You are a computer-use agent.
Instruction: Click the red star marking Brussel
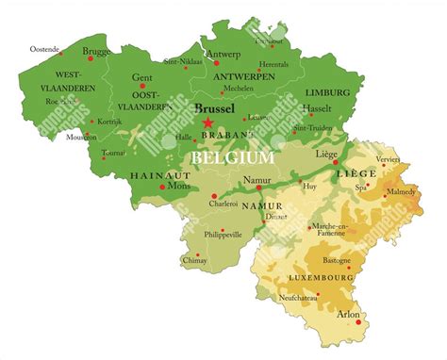(x=207, y=123)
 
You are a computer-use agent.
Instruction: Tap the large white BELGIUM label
(x=233, y=157)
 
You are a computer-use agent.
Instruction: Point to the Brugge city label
(x=96, y=52)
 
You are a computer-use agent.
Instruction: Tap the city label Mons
(x=178, y=187)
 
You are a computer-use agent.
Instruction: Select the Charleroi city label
(x=223, y=203)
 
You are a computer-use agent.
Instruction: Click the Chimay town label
(x=193, y=259)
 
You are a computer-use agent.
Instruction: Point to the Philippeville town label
(x=223, y=234)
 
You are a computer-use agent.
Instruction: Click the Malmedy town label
(x=400, y=191)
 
